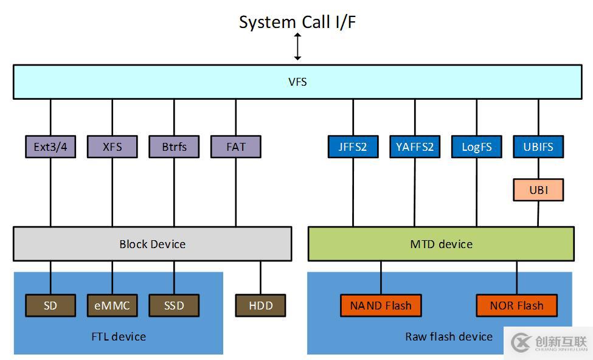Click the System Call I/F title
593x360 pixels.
tap(297, 22)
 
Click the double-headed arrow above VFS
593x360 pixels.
tap(297, 47)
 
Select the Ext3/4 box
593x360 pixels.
tap(50, 147)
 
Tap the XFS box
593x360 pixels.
tap(112, 147)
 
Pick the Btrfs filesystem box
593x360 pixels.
tap(174, 147)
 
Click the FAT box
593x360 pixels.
tap(236, 147)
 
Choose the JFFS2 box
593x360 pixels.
tap(353, 147)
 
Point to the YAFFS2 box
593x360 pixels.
tap(415, 147)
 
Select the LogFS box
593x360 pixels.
tap(477, 147)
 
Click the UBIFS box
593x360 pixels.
tap(538, 147)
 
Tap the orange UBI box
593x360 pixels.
tap(538, 190)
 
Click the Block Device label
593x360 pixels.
tap(152, 244)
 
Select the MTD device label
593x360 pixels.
tap(441, 244)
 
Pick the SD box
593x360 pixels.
tap(50, 305)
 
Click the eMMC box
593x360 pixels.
tap(112, 305)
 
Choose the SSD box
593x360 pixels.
tap(174, 305)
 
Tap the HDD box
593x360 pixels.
tap(260, 305)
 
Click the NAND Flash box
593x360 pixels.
tap(381, 305)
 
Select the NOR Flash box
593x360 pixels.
tap(516, 305)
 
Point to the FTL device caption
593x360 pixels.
tap(118, 336)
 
